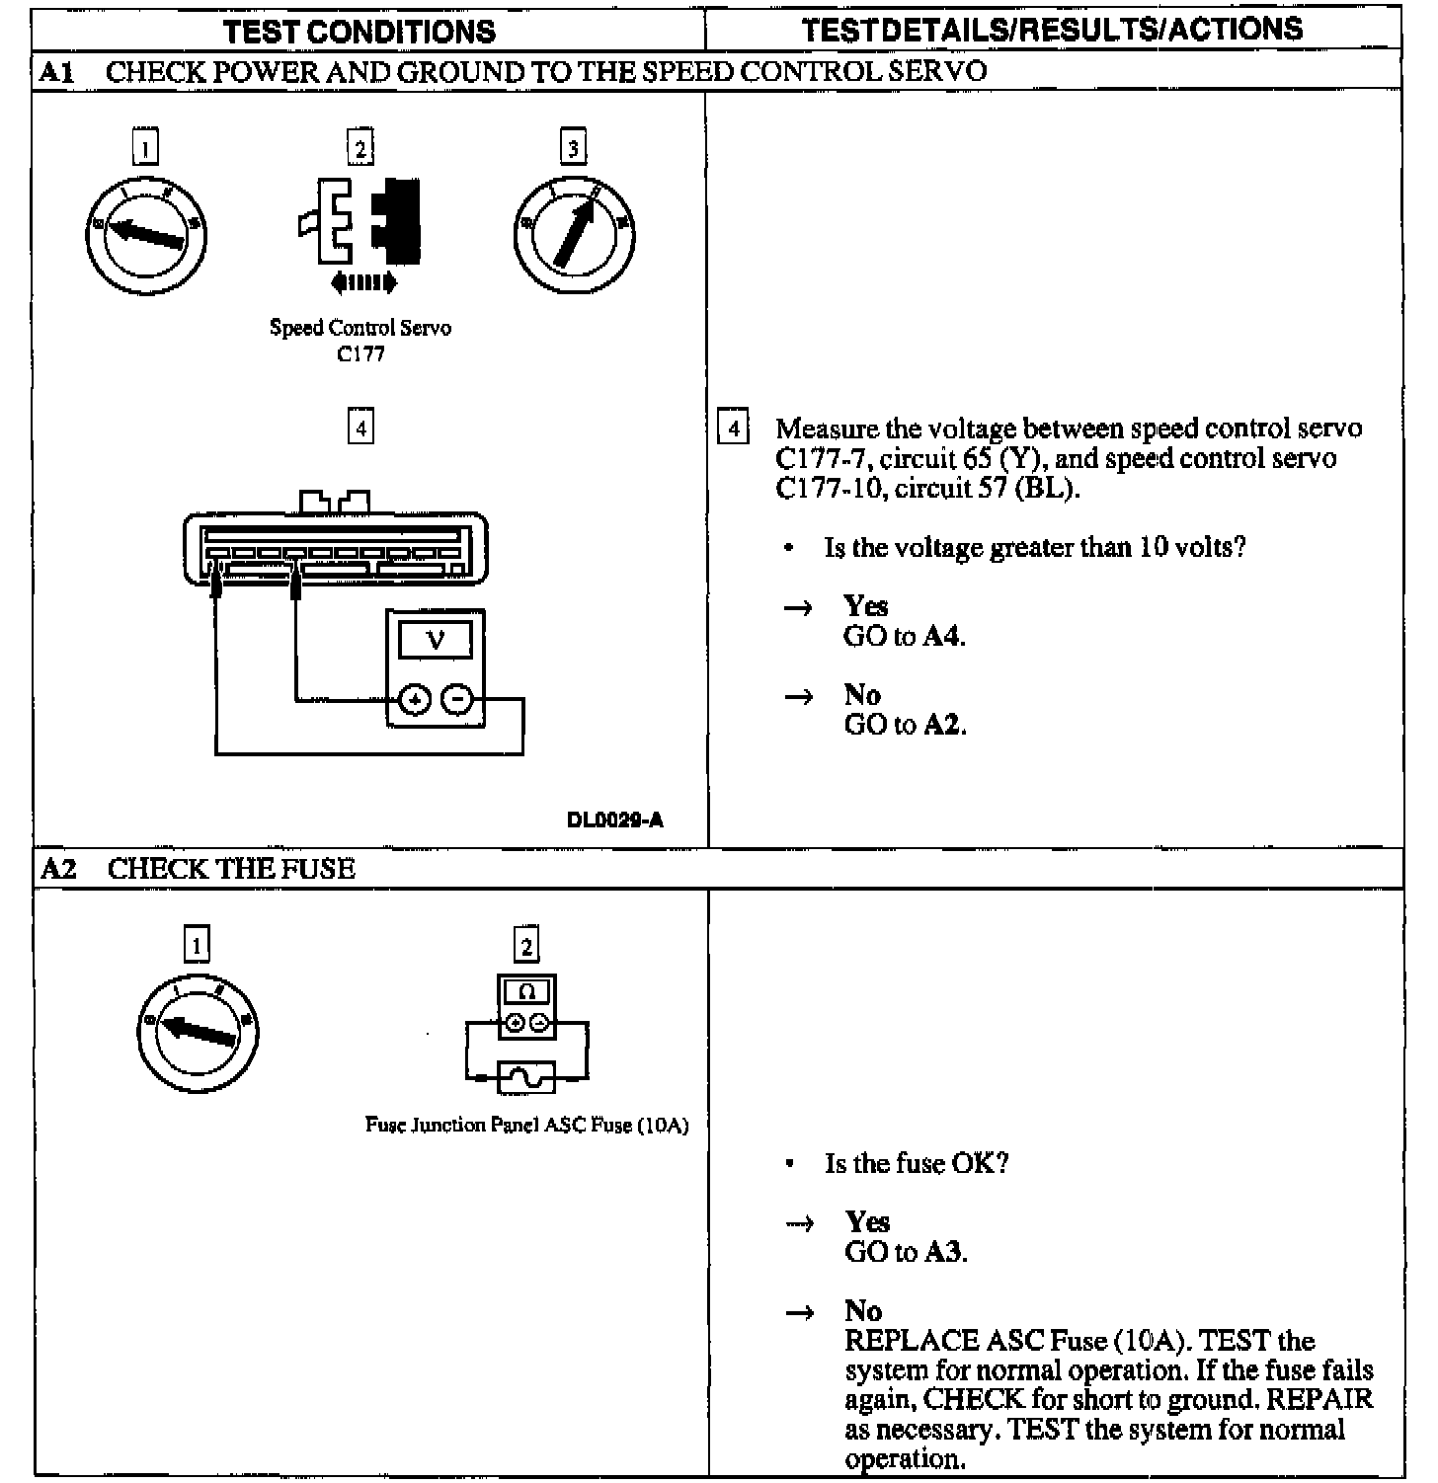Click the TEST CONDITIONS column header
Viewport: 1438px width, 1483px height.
[x=359, y=31]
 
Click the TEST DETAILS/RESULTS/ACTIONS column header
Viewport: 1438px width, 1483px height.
[x=1052, y=30]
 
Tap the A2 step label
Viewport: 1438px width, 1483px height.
[x=58, y=869]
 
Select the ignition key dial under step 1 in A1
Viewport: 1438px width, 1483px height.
[x=146, y=235]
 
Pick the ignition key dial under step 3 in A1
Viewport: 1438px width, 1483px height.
[x=574, y=235]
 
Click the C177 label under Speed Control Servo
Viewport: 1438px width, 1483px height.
[x=360, y=354]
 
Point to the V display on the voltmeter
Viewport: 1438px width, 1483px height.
[x=435, y=641]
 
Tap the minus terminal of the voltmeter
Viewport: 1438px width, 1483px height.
[x=456, y=699]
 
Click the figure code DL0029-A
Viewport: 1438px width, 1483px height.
[x=614, y=820]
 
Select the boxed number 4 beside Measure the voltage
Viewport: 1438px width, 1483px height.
[x=733, y=429]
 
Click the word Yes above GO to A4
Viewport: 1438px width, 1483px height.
[x=865, y=606]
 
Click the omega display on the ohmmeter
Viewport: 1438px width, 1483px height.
[x=526, y=990]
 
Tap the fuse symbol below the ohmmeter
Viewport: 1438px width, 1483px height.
[x=526, y=1077]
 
